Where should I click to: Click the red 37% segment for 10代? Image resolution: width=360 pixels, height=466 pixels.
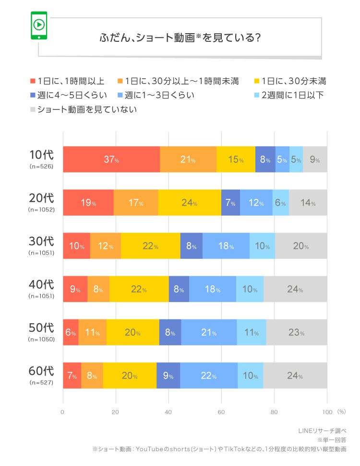tap(111, 159)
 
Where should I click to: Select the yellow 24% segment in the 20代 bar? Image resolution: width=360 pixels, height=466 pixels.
tap(189, 202)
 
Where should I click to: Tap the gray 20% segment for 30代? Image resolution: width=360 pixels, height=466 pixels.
tap(300, 245)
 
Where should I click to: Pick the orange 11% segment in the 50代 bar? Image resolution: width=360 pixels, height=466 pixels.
tap(92, 332)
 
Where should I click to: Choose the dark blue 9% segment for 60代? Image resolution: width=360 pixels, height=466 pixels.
tap(168, 375)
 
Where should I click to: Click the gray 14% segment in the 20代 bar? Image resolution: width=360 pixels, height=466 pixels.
tap(308, 202)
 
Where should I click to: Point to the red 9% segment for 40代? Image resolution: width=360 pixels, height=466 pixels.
tap(75, 289)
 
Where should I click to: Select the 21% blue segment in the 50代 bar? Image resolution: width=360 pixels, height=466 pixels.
tap(209, 332)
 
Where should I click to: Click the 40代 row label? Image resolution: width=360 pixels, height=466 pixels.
tap(41, 284)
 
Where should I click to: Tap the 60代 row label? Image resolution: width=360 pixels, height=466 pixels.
tap(41, 371)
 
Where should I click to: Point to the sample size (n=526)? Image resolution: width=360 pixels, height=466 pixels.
tap(41, 167)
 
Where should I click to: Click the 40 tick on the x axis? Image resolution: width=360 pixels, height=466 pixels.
tap(168, 412)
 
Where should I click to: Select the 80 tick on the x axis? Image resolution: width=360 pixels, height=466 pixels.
tap(274, 412)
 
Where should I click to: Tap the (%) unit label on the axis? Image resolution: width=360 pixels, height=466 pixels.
tap(341, 412)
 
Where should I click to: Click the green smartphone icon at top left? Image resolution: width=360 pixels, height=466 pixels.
tap(39, 25)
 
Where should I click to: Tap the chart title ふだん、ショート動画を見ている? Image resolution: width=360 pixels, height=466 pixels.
tap(180, 37)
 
